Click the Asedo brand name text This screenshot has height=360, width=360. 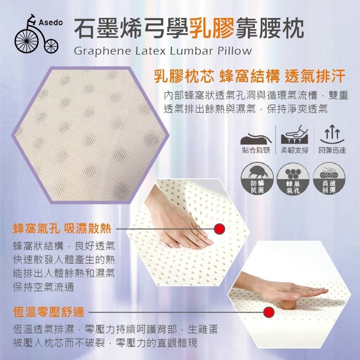(51, 22)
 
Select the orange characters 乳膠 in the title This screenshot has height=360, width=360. (211, 28)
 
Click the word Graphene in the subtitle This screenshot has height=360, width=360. (102, 51)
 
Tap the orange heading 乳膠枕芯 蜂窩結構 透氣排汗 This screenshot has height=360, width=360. (250, 76)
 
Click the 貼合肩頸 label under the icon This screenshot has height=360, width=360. (256, 150)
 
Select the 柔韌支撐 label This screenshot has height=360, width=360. (295, 150)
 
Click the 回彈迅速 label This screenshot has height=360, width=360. (332, 150)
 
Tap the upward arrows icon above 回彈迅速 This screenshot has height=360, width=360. (332, 134)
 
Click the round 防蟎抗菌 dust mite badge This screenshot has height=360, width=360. (257, 179)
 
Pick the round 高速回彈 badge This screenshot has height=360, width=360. (329, 179)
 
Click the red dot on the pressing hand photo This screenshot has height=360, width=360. (219, 229)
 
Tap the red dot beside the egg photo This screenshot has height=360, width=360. (269, 312)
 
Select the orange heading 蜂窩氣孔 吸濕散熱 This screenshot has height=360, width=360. (62, 229)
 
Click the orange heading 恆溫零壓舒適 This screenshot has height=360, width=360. (49, 312)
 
